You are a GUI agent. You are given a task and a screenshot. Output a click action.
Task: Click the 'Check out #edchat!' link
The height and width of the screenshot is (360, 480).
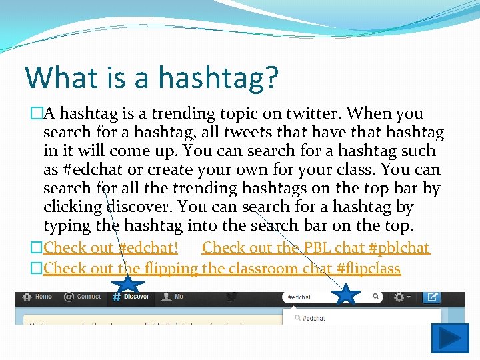coord(110,248)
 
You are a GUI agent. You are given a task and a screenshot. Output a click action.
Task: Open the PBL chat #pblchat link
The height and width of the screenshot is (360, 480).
coord(315,248)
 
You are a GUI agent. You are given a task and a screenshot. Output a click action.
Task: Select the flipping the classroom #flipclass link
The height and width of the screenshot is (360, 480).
coord(221,269)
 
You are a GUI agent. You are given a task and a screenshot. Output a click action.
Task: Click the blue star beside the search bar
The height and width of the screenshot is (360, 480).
coord(347,295)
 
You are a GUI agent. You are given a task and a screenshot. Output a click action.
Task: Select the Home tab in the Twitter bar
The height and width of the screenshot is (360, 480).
coord(38,297)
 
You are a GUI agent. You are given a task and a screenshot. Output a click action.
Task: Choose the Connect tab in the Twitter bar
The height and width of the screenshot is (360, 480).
coord(83,297)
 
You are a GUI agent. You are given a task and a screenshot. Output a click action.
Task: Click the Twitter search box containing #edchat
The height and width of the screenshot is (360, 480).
coord(327,297)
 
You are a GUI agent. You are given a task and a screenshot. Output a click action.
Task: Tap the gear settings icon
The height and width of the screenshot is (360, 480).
coord(399,297)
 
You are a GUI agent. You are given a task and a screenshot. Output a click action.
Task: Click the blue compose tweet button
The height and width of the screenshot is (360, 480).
coord(432,297)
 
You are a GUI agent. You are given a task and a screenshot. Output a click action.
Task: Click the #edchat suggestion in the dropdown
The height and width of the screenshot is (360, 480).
coord(313,319)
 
